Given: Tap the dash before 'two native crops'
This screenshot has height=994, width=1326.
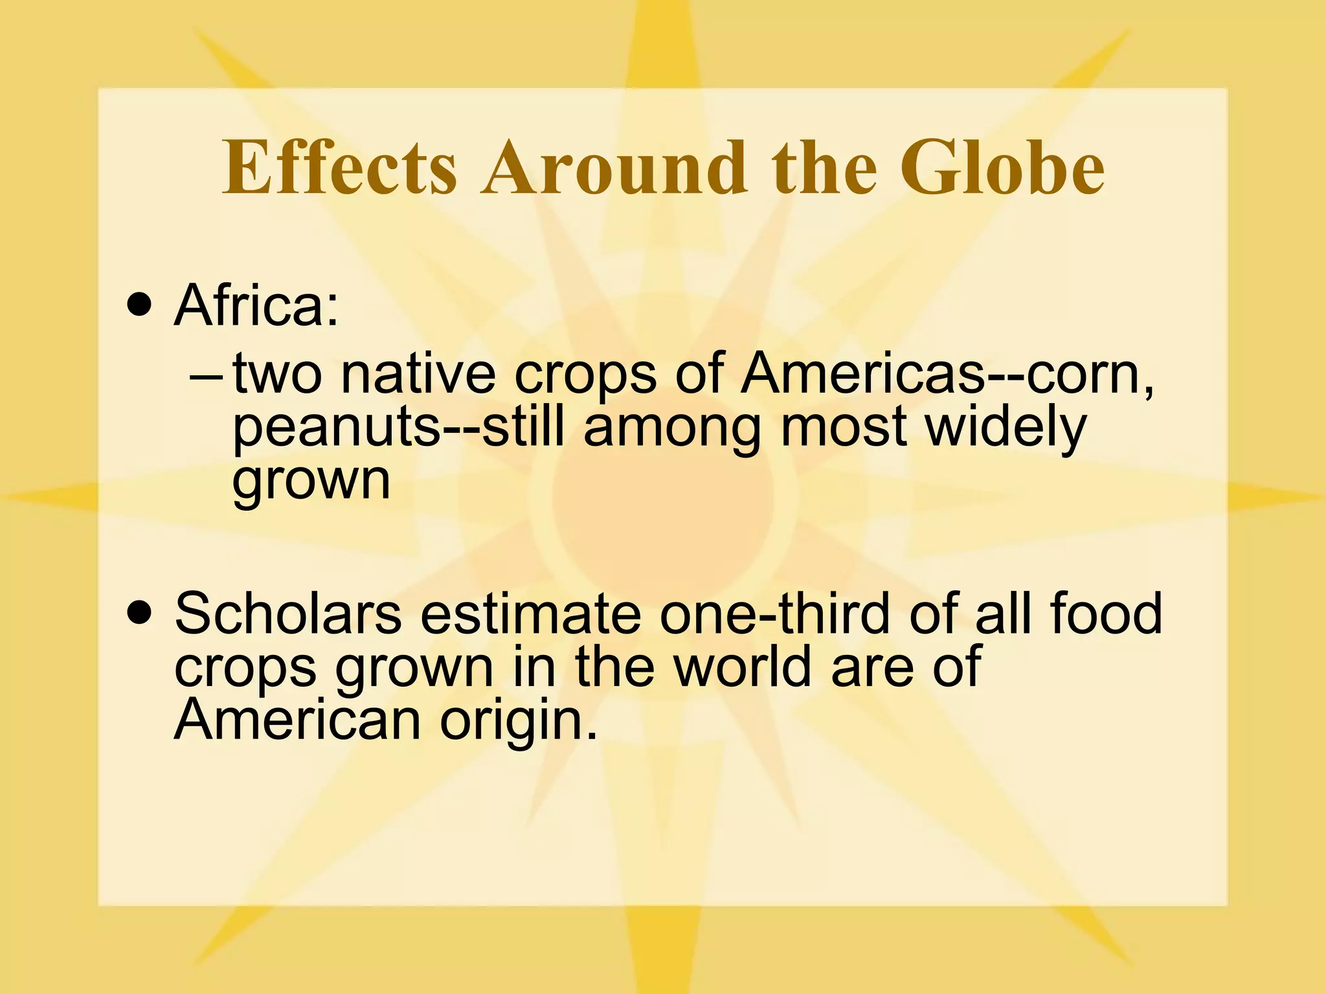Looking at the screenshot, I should pyautogui.click(x=207, y=375).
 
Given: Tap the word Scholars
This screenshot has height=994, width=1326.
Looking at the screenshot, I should pyautogui.click(x=288, y=613).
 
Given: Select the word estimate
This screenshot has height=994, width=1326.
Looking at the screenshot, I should pyautogui.click(x=530, y=613).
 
